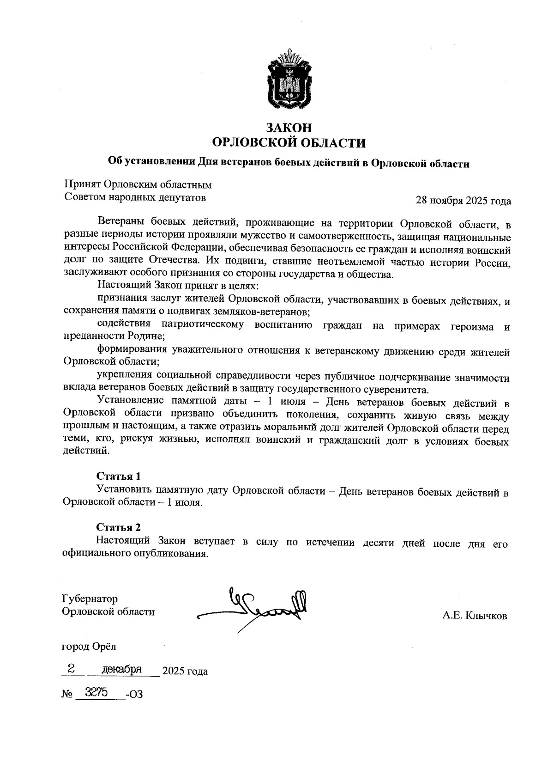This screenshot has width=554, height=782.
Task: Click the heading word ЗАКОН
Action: [289, 127]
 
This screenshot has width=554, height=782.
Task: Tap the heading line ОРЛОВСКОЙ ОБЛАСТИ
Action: [289, 143]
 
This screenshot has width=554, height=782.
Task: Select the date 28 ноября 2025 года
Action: [463, 201]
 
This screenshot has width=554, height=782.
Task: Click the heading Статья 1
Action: [118, 476]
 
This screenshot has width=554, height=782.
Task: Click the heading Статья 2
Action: [118, 527]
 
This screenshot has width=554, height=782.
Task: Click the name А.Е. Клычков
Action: [475, 616]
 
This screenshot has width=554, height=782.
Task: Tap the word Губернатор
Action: [90, 599]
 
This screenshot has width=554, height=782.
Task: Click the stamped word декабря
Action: [121, 670]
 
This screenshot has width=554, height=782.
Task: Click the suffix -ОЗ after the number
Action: [134, 694]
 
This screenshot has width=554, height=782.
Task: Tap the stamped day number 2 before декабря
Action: [71, 669]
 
